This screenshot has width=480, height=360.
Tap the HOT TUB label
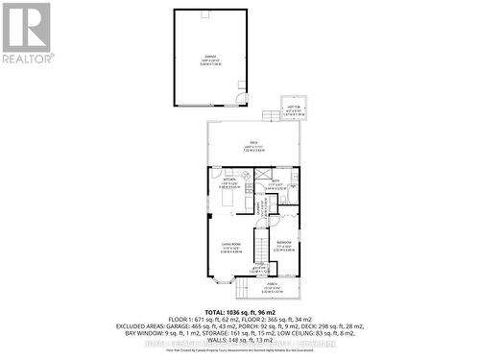[x=290, y=109]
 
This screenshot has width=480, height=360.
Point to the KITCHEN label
[x=228, y=180]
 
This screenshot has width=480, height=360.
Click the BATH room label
[x=274, y=181]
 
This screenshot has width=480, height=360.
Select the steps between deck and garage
[x=271, y=114]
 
